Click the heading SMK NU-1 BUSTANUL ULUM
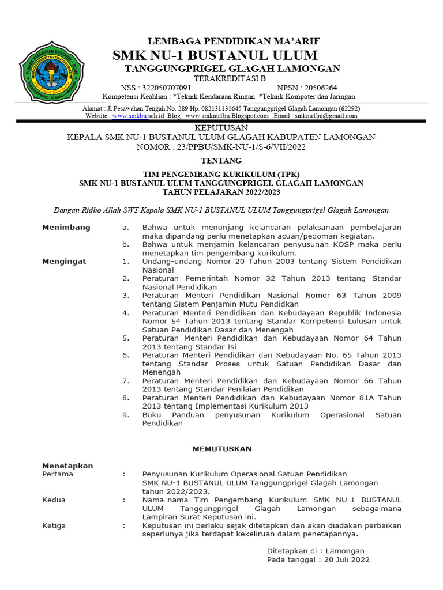215,55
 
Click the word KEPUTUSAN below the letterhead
221,127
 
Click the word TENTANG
221,161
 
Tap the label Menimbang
66,228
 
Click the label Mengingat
64,261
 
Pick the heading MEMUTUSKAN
221,448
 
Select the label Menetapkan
67,466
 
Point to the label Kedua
54,500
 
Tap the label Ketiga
54,525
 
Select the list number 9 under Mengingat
125,415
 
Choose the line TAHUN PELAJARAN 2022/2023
221,192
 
